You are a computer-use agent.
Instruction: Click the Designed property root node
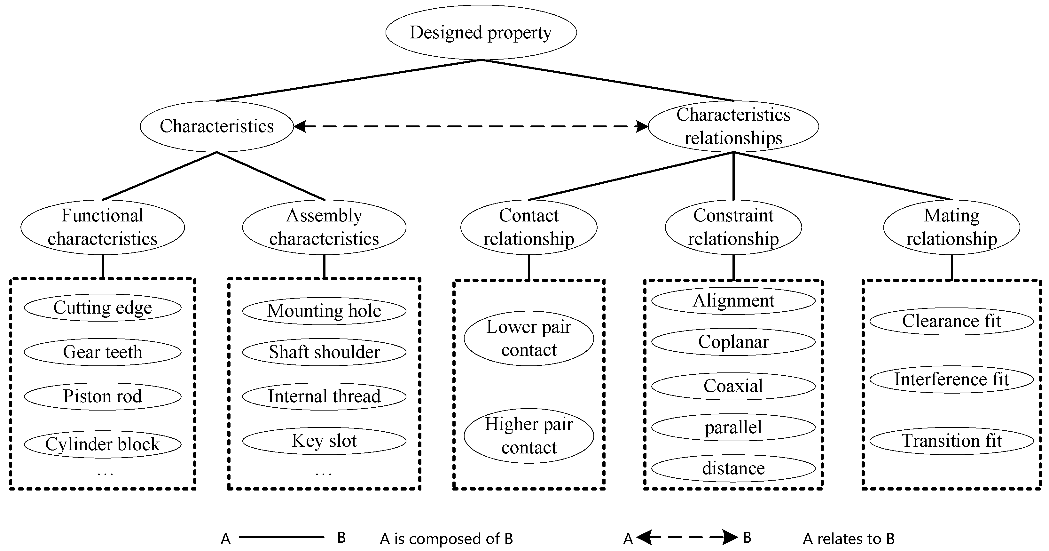[481, 33]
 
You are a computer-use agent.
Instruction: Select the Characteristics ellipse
[217, 126]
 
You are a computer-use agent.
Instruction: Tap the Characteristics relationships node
[733, 126]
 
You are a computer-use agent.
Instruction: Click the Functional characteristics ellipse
[102, 227]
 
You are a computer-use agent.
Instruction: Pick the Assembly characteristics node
[324, 227]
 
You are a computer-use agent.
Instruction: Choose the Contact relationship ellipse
[528, 227]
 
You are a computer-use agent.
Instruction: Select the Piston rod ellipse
[102, 396]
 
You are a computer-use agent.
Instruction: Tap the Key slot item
[324, 441]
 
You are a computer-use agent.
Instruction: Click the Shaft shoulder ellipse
[324, 352]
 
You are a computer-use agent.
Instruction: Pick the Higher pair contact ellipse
[528, 436]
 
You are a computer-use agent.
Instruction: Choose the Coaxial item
[733, 386]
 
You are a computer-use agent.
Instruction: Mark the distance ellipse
[733, 468]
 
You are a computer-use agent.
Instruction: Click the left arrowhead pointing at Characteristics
[300, 127]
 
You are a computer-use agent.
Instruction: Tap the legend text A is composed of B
[446, 539]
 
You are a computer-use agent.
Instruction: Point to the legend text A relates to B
[849, 539]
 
